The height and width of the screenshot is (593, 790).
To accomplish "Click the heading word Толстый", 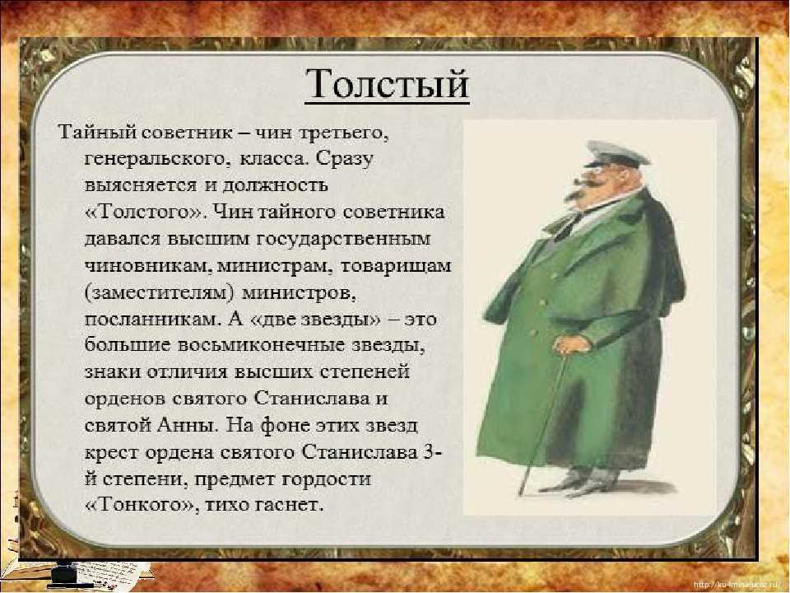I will pos(387,85).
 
